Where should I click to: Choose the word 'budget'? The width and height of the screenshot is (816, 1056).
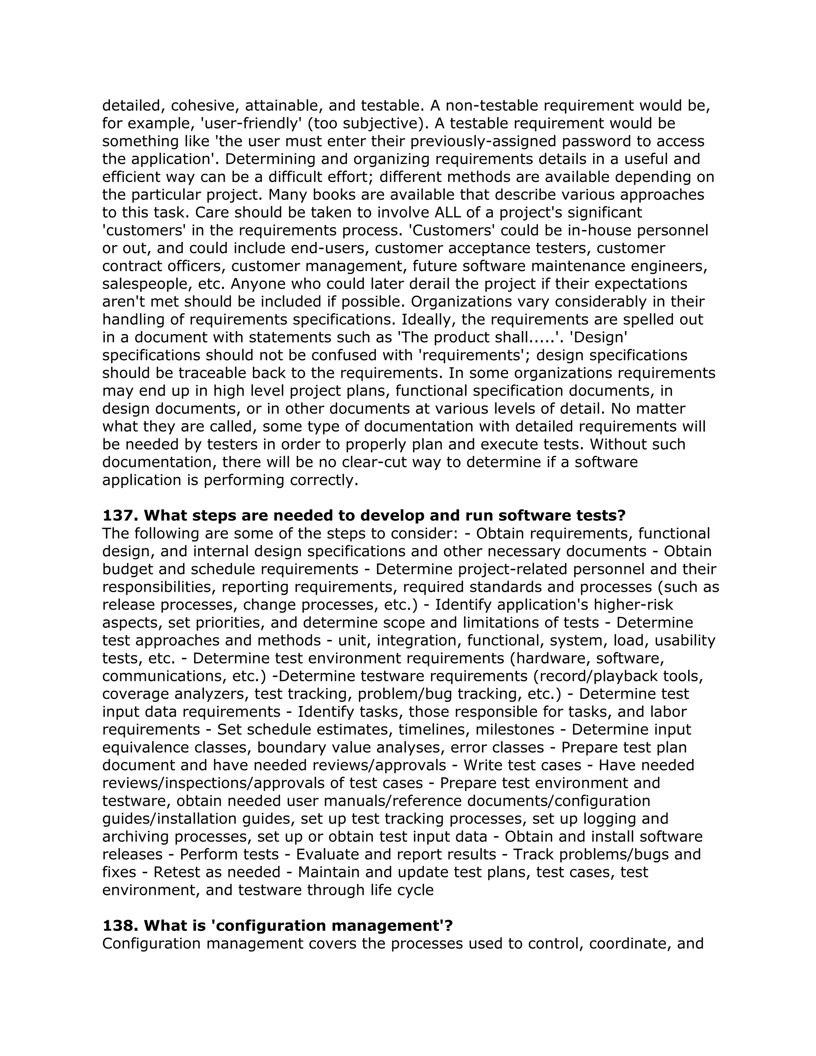[x=127, y=569]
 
